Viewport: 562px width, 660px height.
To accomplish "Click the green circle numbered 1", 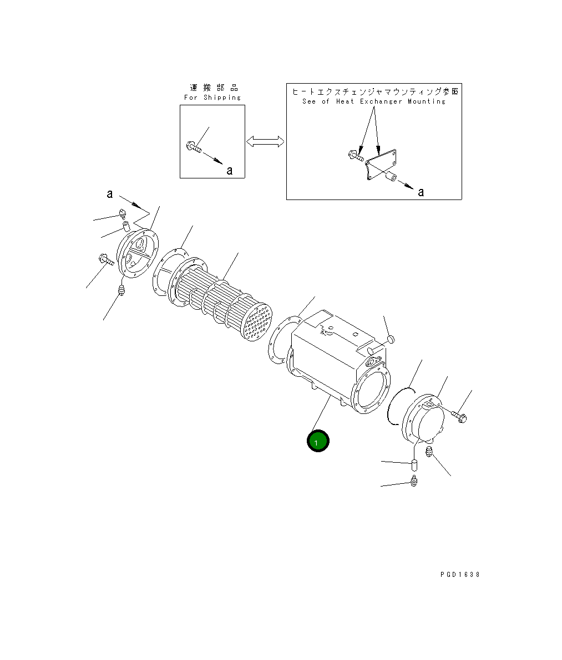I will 318,441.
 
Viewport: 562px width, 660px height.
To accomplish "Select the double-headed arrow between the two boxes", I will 265,142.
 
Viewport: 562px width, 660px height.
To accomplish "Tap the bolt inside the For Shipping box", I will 191,147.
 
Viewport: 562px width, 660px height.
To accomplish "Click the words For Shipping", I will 212,98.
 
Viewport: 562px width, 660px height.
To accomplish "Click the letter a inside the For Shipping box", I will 229,170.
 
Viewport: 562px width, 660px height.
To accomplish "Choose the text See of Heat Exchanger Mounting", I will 373,101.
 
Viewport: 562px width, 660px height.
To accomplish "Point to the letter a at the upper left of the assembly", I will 110,194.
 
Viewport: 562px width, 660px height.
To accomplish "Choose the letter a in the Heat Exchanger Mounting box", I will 421,192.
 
